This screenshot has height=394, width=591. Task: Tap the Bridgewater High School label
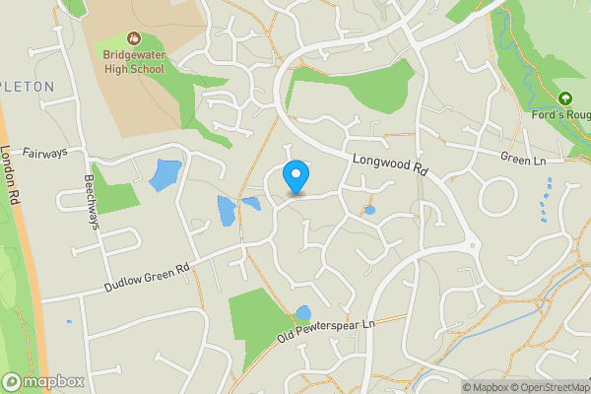(x=134, y=62)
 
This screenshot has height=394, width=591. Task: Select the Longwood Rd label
(x=390, y=162)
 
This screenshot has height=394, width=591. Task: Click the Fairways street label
(x=44, y=153)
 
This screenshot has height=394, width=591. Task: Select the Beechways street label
(x=91, y=202)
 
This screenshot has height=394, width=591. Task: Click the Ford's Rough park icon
(x=565, y=98)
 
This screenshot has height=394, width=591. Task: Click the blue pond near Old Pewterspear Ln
(x=303, y=314)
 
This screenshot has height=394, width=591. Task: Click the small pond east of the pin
(x=369, y=210)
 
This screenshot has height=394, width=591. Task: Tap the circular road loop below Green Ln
(x=498, y=197)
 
